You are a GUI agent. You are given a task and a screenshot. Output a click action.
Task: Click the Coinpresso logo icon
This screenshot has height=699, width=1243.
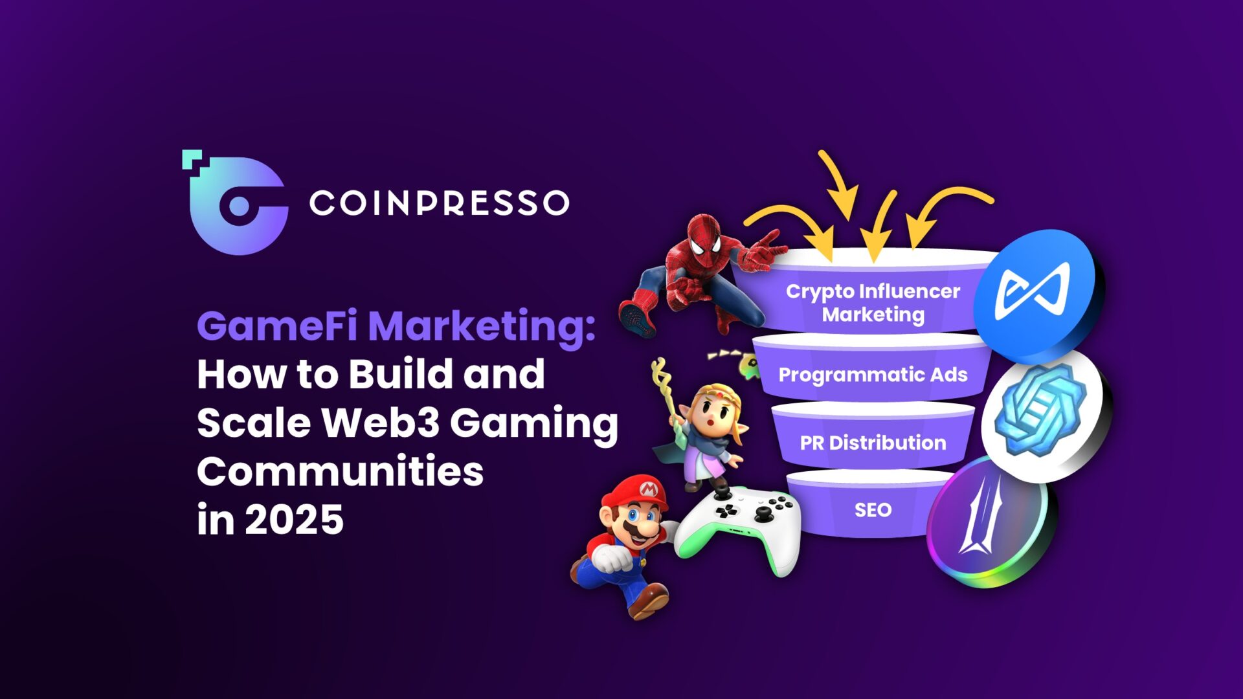[x=236, y=203]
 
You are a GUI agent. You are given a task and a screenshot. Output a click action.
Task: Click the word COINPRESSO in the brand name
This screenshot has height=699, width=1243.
[x=440, y=203]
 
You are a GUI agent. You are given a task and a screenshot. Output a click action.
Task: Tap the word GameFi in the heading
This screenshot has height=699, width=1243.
[x=277, y=326]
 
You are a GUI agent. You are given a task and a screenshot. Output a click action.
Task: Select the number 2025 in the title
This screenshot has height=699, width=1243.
[x=294, y=520]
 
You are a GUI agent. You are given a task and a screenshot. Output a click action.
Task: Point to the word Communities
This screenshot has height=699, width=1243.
[x=341, y=471]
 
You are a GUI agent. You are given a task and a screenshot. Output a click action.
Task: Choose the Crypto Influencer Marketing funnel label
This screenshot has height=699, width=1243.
[x=873, y=303]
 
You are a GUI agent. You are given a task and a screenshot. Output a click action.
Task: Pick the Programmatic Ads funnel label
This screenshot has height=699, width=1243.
[x=873, y=375]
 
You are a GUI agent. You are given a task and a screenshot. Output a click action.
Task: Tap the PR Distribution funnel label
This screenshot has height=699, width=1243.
[x=873, y=443]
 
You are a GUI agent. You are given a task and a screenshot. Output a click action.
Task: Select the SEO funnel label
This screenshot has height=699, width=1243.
[x=873, y=510]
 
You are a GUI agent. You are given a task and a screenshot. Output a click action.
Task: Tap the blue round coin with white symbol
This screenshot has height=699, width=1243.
[x=1035, y=295]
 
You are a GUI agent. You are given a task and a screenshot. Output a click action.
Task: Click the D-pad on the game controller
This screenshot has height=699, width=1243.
[x=726, y=511]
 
